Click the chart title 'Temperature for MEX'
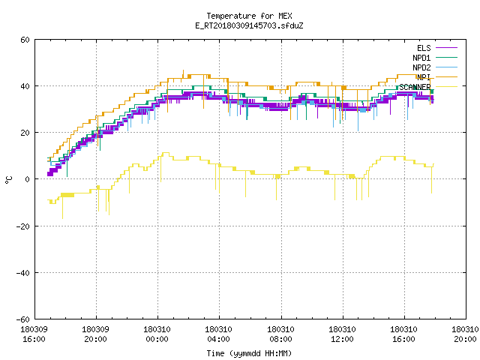click(249, 16)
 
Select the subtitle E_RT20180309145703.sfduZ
click(249, 25)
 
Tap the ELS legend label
click(424, 48)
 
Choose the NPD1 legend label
click(421, 58)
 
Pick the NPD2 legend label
click(421, 67)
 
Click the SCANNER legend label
click(415, 87)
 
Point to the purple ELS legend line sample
click(446, 48)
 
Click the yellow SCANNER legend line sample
click(446, 87)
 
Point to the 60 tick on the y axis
click(25, 40)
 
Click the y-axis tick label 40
click(25, 86)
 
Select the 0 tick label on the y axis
click(28, 179)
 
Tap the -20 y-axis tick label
click(23, 226)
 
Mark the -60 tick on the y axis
click(23, 319)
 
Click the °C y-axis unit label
click(8, 180)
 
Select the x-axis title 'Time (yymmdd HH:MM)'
click(249, 353)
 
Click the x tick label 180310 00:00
click(157, 334)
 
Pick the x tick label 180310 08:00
click(280, 334)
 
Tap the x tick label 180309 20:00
click(95, 334)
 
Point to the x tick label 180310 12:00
click(342, 334)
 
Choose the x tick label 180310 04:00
click(218, 334)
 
